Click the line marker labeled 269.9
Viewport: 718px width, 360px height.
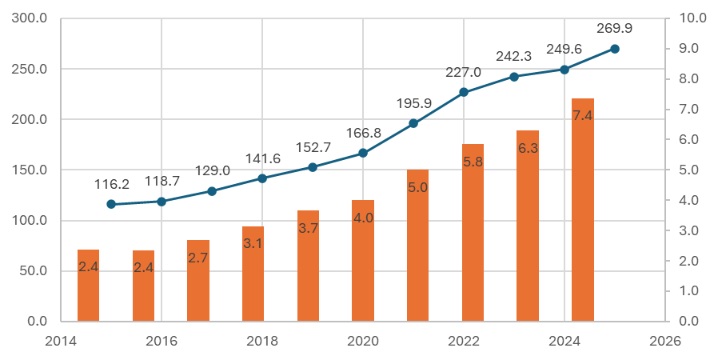pos(614,49)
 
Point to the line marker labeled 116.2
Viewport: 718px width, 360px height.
pos(111,204)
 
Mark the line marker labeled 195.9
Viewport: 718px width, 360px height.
pos(413,123)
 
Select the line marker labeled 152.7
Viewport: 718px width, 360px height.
pos(313,167)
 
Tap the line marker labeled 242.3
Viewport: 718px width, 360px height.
pos(514,77)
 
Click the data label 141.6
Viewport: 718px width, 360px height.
pos(262,159)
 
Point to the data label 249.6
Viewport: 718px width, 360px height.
pos(564,50)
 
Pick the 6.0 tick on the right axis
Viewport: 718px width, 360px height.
pos(689,140)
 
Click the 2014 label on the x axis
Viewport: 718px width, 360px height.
pos(61,342)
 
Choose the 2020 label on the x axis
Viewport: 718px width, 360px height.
pos(363,342)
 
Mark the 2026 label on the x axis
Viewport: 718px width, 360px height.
pos(665,342)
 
